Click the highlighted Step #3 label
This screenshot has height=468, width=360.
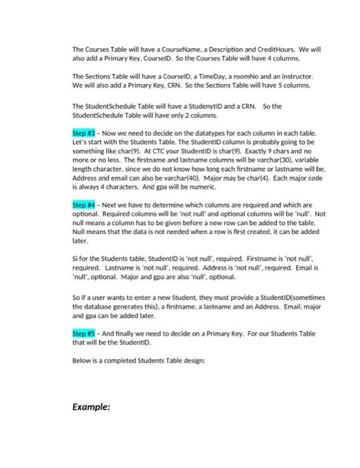pyautogui.click(x=84, y=134)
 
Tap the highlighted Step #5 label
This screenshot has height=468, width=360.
pyautogui.click(x=84, y=332)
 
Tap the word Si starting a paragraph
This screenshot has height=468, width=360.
pyautogui.click(x=75, y=275)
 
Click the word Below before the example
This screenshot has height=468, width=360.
pyautogui.click(x=82, y=360)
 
